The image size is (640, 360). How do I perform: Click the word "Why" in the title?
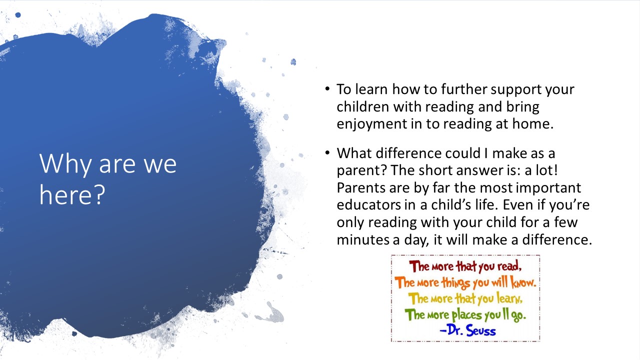click(x=65, y=164)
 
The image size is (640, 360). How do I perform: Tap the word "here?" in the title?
click(x=72, y=194)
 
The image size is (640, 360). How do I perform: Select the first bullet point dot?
click(x=327, y=88)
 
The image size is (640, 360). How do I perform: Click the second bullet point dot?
click(x=327, y=152)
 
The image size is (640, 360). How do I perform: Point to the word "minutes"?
click(x=362, y=239)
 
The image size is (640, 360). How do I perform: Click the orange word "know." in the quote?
click(x=523, y=282)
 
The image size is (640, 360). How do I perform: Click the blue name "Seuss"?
click(x=481, y=331)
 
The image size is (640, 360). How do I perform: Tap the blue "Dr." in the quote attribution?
click(x=455, y=330)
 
